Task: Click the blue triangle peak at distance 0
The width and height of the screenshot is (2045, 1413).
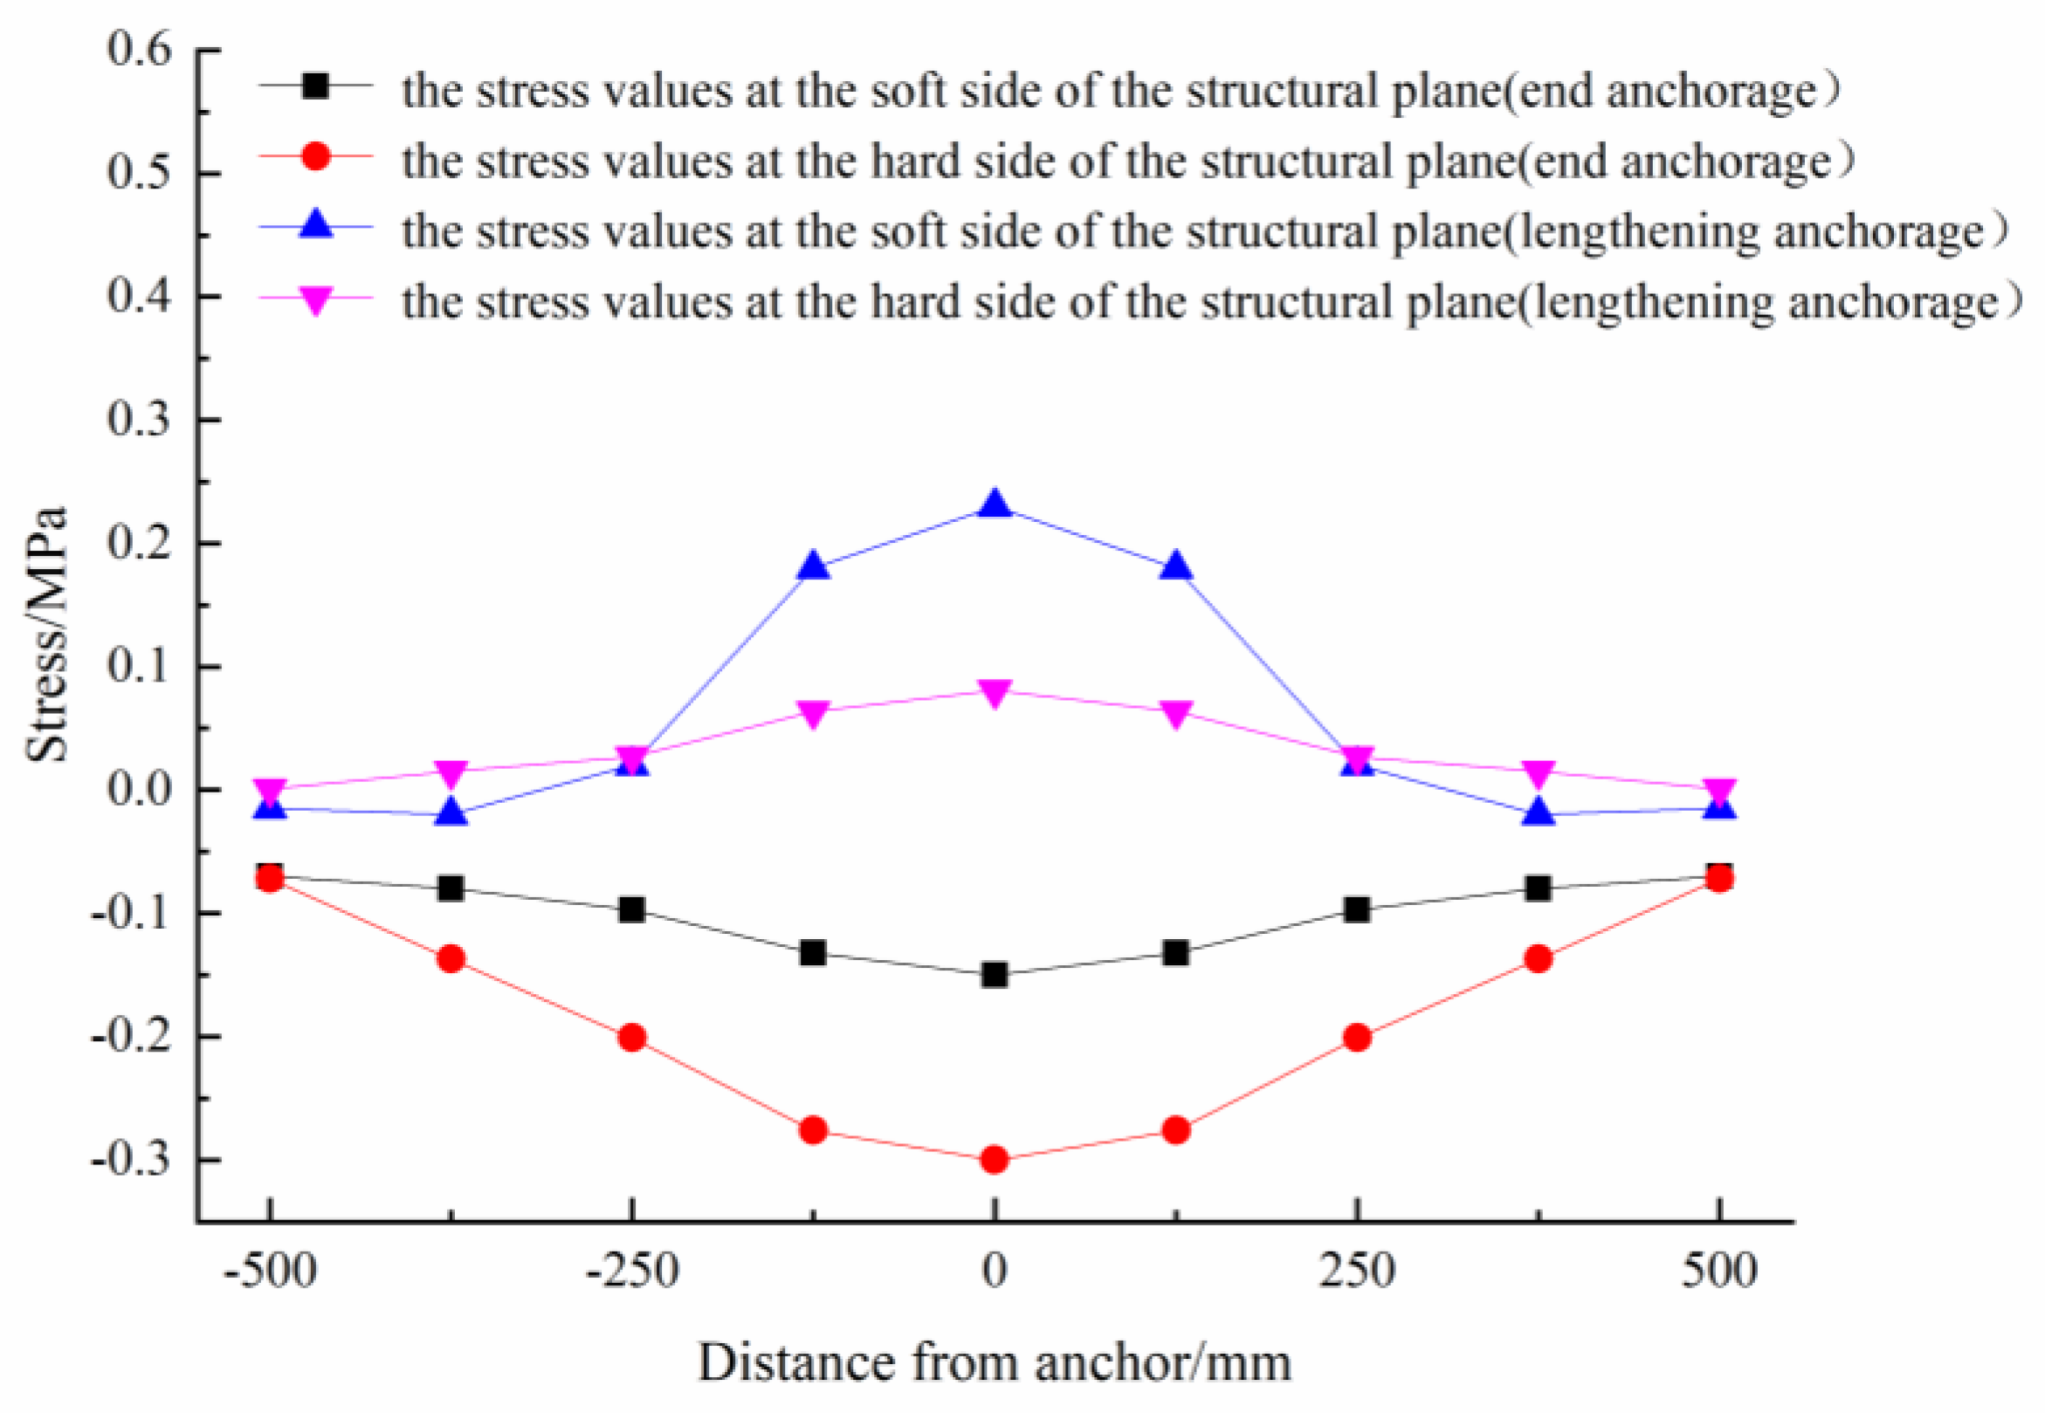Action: [995, 504]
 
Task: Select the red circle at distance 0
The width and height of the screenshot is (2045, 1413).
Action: [995, 1160]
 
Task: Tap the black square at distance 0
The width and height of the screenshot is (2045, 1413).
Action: [995, 975]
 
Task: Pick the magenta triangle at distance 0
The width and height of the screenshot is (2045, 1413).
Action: [995, 692]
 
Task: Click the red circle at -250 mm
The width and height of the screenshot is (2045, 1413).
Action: [631, 1038]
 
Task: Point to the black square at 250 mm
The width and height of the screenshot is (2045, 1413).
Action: [1357, 909]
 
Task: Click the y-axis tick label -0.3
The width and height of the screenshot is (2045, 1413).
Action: [131, 1160]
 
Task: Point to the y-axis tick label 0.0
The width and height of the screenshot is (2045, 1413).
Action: [139, 789]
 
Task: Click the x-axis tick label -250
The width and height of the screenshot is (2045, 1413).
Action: [631, 1271]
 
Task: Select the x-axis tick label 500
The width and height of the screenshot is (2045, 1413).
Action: [1719, 1271]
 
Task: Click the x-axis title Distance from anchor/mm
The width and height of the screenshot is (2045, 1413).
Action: [995, 1362]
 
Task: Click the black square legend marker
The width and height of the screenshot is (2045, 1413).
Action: [315, 86]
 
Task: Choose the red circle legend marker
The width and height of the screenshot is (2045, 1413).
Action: [315, 157]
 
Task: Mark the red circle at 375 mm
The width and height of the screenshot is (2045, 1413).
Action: [1539, 959]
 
